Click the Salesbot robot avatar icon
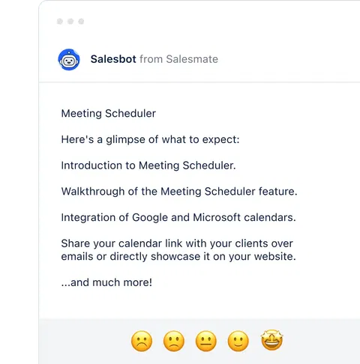tap(69, 59)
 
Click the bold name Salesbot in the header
tap(113, 59)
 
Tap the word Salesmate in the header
tap(192, 59)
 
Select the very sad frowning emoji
tap(141, 342)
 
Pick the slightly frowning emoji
tap(173, 342)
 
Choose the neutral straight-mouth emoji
tap(205, 342)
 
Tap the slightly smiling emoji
tap(238, 342)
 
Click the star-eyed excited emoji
tap(271, 342)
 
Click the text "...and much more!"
tap(106, 282)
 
